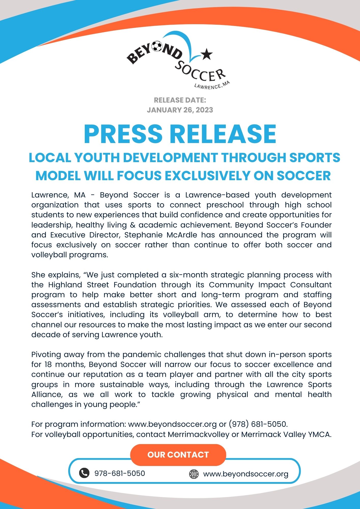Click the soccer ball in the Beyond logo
157,46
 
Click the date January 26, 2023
180,110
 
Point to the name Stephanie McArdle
161,235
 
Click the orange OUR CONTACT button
178,455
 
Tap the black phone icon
84,473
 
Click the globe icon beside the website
194,474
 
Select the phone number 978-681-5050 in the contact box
120,473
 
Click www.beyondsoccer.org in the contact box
246,474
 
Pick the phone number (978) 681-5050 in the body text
258,424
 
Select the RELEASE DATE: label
180,100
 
